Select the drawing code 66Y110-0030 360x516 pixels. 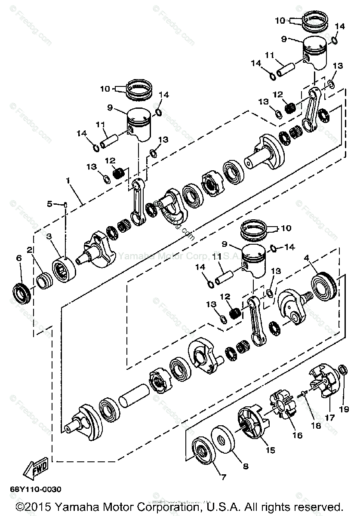coord(36,490)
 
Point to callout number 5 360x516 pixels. coord(49,204)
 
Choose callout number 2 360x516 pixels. coord(30,249)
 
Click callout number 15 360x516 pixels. coord(270,450)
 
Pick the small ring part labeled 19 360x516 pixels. coord(343,369)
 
